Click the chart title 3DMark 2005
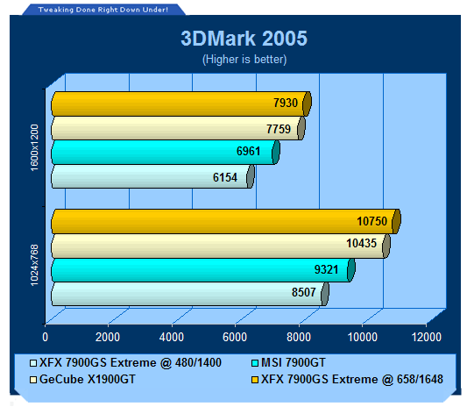point(244,39)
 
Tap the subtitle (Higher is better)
point(244,60)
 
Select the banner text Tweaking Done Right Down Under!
point(103,10)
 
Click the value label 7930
point(286,103)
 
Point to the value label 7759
point(279,129)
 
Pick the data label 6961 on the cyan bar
point(248,151)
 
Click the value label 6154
point(225,177)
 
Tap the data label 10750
point(371,221)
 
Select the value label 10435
point(361,243)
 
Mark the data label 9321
point(326,269)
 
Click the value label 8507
point(303,292)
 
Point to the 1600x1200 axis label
point(34,147)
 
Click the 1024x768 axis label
point(34,265)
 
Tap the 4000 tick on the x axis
point(172,337)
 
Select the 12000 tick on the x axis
point(426,337)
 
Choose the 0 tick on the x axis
point(45,337)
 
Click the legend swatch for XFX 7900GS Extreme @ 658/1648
point(255,380)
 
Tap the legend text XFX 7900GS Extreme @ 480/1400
point(131,362)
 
